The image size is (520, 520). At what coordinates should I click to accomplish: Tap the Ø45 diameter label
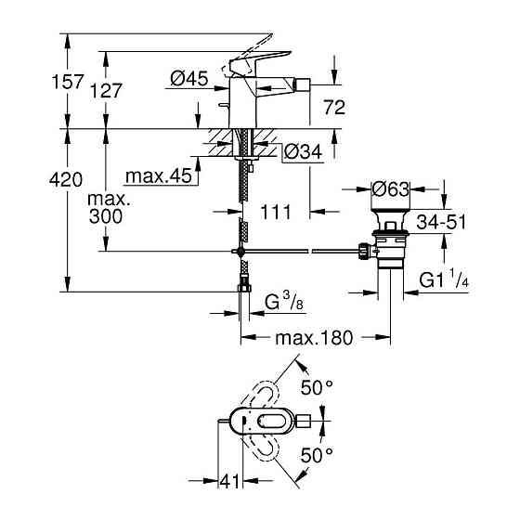(x=189, y=81)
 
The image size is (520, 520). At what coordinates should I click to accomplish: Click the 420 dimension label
(x=31, y=179)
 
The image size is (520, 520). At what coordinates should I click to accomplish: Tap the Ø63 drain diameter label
(x=391, y=190)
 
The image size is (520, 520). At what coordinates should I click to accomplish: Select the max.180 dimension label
(x=313, y=338)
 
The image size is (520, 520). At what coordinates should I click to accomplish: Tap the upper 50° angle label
(x=317, y=387)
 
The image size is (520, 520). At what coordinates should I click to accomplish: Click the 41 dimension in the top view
(x=230, y=481)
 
